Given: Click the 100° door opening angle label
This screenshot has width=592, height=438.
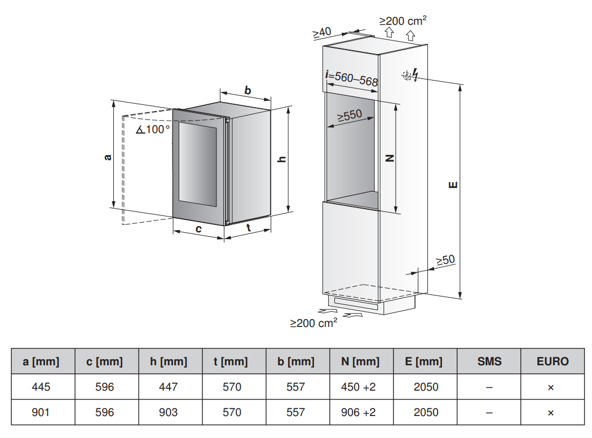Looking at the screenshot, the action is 153,130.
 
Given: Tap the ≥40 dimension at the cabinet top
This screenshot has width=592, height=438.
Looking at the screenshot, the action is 322,33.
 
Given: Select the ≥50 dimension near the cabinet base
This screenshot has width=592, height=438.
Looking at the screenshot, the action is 445,260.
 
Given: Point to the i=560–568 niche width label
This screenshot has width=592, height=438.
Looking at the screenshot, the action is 352,78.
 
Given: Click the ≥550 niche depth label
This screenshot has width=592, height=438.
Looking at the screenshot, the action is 350,115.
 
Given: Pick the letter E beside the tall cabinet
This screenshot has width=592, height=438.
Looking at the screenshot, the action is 453,185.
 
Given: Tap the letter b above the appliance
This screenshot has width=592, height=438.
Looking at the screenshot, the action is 248,90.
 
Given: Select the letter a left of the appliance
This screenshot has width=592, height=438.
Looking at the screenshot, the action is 108,157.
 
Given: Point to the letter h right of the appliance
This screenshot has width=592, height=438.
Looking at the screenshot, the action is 282,160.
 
